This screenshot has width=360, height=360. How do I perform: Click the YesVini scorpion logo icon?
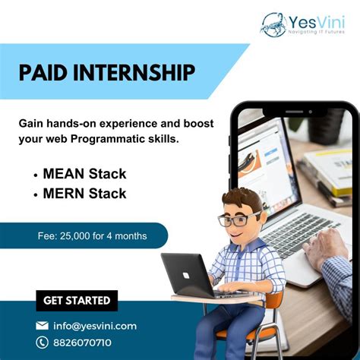(x=273, y=24)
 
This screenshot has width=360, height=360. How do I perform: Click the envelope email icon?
(x=43, y=326)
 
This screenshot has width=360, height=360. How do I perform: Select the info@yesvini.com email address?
(x=95, y=326)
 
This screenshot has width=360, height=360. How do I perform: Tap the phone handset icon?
(x=43, y=343)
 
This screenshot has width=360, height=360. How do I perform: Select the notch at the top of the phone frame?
(x=305, y=111)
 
